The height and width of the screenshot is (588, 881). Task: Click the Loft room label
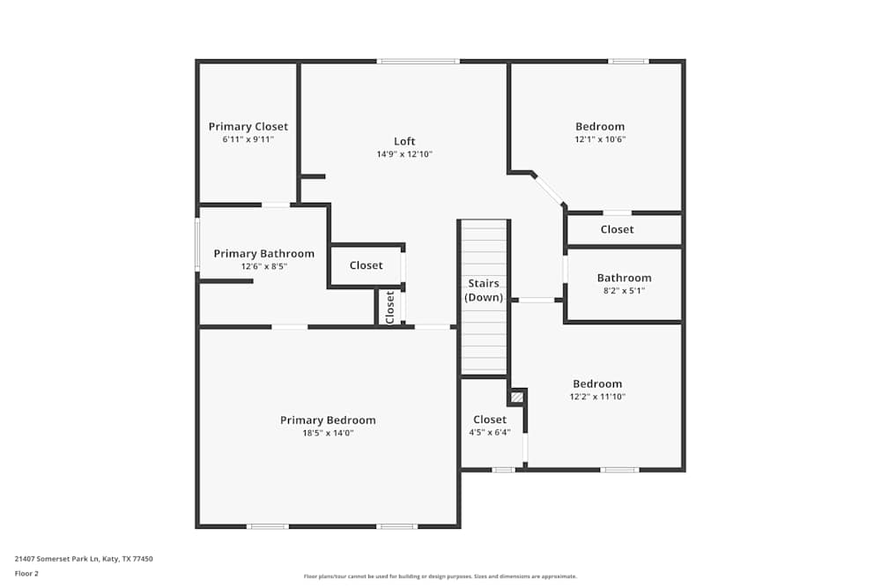pyautogui.click(x=404, y=141)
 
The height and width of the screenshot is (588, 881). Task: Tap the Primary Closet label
pyautogui.click(x=248, y=126)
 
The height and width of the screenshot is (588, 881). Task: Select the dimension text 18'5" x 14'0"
pyautogui.click(x=328, y=433)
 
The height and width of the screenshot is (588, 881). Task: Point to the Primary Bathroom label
pyautogui.click(x=264, y=254)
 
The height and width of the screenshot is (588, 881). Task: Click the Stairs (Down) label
pyautogui.click(x=484, y=290)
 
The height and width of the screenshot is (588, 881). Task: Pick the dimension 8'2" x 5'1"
pyautogui.click(x=625, y=291)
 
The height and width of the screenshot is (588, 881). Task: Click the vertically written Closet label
pyautogui.click(x=390, y=308)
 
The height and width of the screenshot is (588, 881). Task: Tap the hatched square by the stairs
pyautogui.click(x=517, y=398)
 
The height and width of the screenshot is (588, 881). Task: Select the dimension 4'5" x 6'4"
pyautogui.click(x=490, y=432)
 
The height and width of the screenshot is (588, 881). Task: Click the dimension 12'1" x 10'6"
pyautogui.click(x=600, y=139)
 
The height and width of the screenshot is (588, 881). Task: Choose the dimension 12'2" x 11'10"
pyautogui.click(x=597, y=397)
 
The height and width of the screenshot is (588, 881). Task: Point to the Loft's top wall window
pyautogui.click(x=418, y=61)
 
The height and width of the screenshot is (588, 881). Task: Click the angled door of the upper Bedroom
pyautogui.click(x=549, y=190)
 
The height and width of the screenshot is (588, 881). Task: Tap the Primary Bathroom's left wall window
pyautogui.click(x=197, y=244)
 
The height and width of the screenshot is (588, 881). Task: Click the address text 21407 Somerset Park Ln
pyautogui.click(x=56, y=559)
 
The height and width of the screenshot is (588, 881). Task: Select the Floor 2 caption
pyautogui.click(x=26, y=573)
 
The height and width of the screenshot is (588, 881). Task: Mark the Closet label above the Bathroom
pyautogui.click(x=617, y=229)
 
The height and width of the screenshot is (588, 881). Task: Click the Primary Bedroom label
pyautogui.click(x=328, y=420)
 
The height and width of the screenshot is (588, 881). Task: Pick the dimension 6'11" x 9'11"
pyautogui.click(x=248, y=139)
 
